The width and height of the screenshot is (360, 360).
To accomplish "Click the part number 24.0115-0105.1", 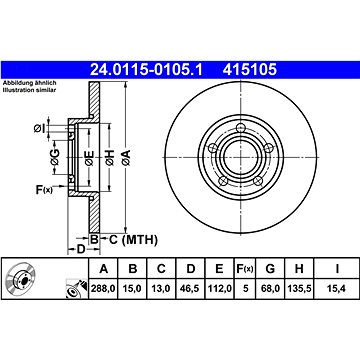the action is tap(146, 70).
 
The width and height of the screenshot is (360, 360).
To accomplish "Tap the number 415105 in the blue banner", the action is tap(250, 70).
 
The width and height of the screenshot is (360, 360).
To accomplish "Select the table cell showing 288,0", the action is tap(103, 289).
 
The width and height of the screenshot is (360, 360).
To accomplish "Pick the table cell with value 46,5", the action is tap(190, 289).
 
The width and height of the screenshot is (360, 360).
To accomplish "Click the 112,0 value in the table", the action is tap(219, 289).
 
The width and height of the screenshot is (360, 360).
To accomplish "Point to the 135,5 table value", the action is tap(299, 289).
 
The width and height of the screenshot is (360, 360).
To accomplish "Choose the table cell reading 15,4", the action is tap(337, 289).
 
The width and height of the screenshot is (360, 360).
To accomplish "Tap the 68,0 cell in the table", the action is tap(270, 289).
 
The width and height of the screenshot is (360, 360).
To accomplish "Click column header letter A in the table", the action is tap(104, 268).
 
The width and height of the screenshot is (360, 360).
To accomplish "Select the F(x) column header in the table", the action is tap(245, 268).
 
